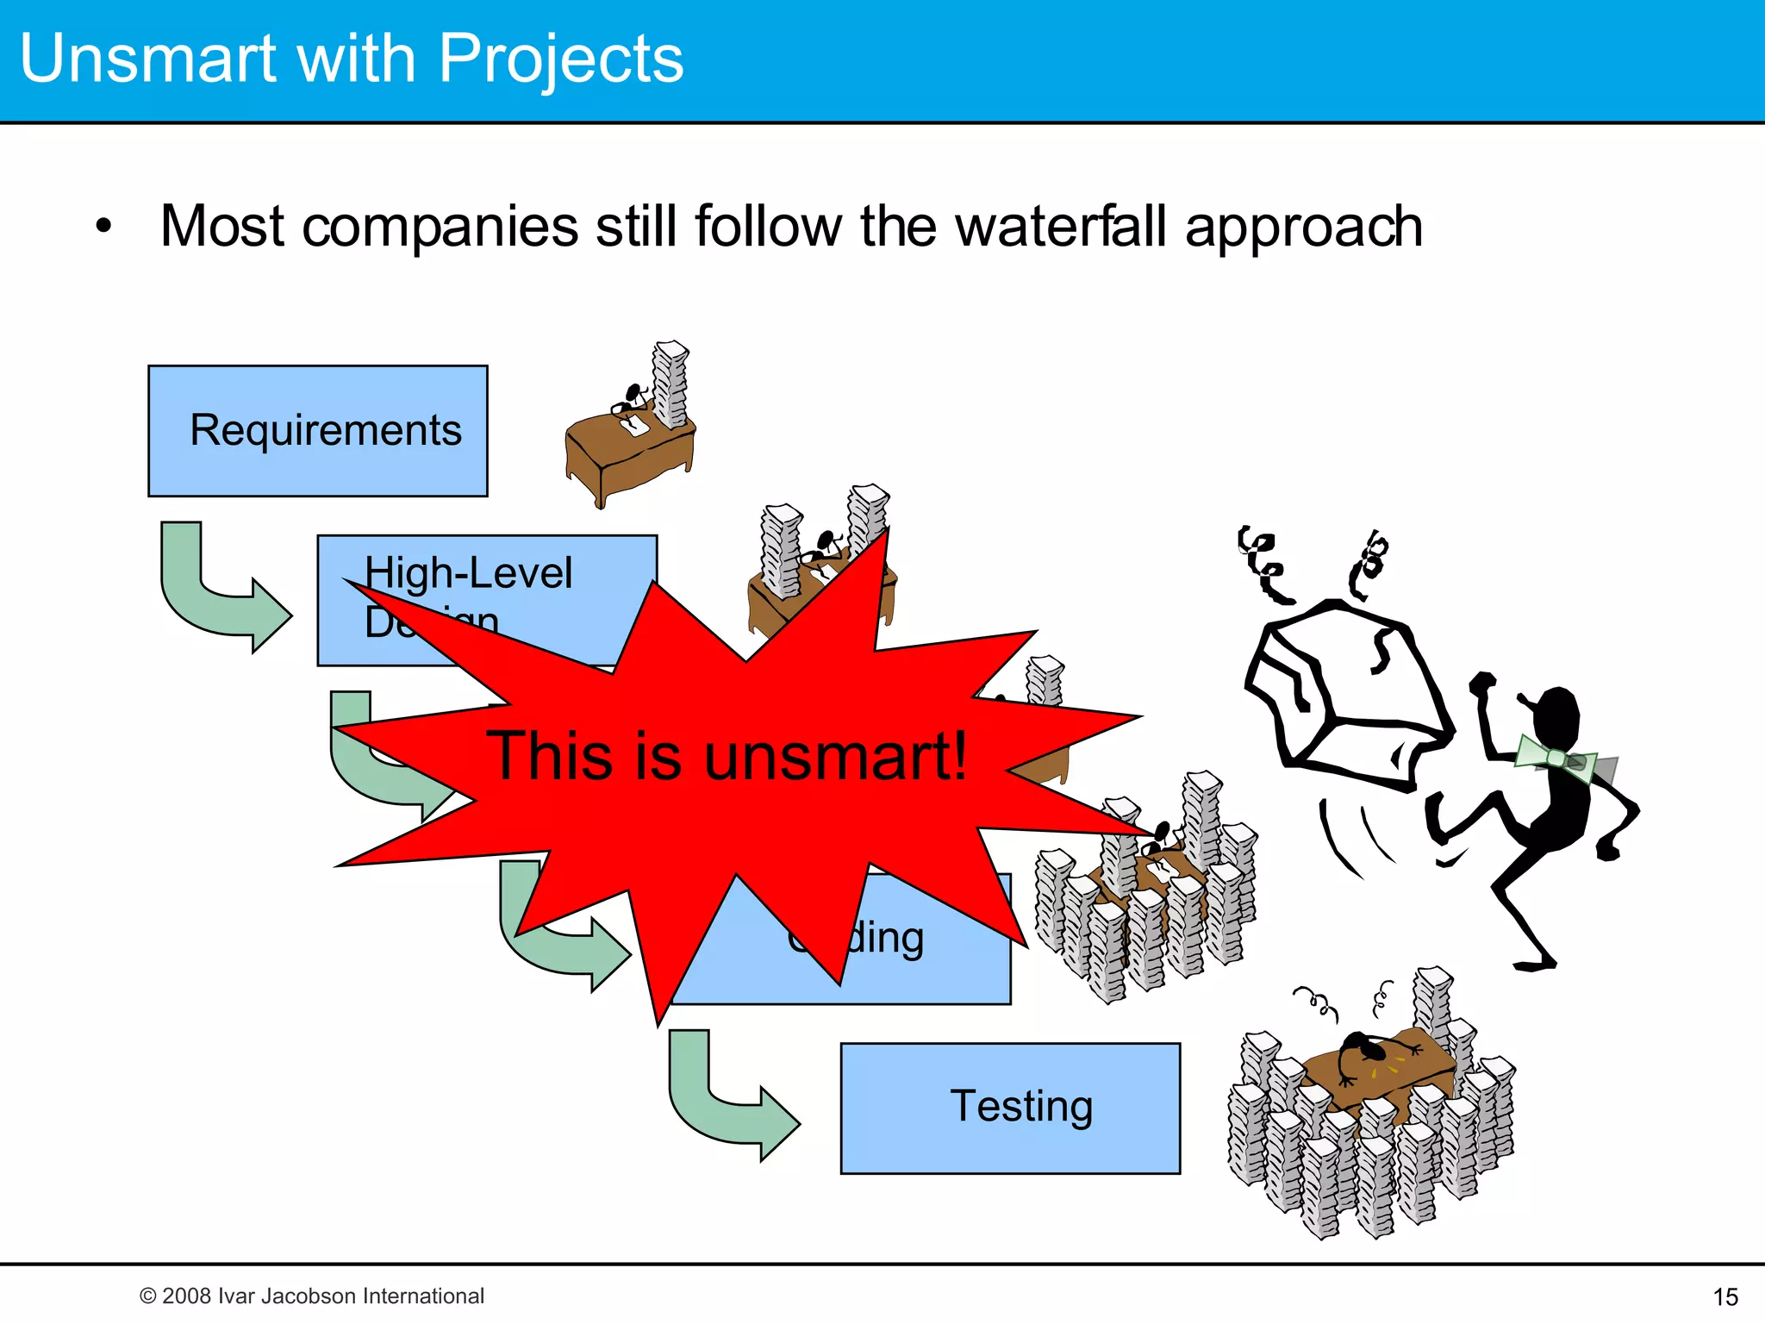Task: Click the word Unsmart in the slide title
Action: click(147, 59)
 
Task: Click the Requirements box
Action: click(317, 430)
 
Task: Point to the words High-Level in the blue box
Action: click(468, 572)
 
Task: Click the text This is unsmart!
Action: click(727, 756)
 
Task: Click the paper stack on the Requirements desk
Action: click(670, 384)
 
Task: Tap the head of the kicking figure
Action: click(1556, 715)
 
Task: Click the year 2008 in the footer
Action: click(186, 1296)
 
